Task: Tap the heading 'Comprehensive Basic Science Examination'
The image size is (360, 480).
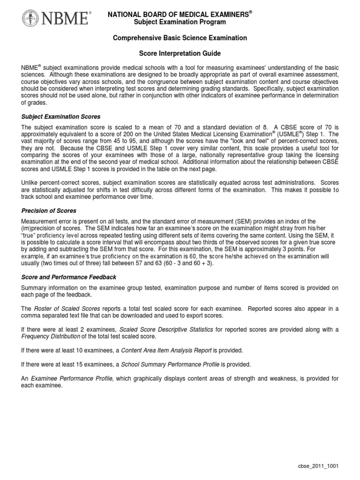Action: (x=180, y=37)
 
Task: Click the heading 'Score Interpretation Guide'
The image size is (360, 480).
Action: (x=180, y=54)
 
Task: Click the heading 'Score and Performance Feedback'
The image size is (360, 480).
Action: (x=69, y=277)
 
